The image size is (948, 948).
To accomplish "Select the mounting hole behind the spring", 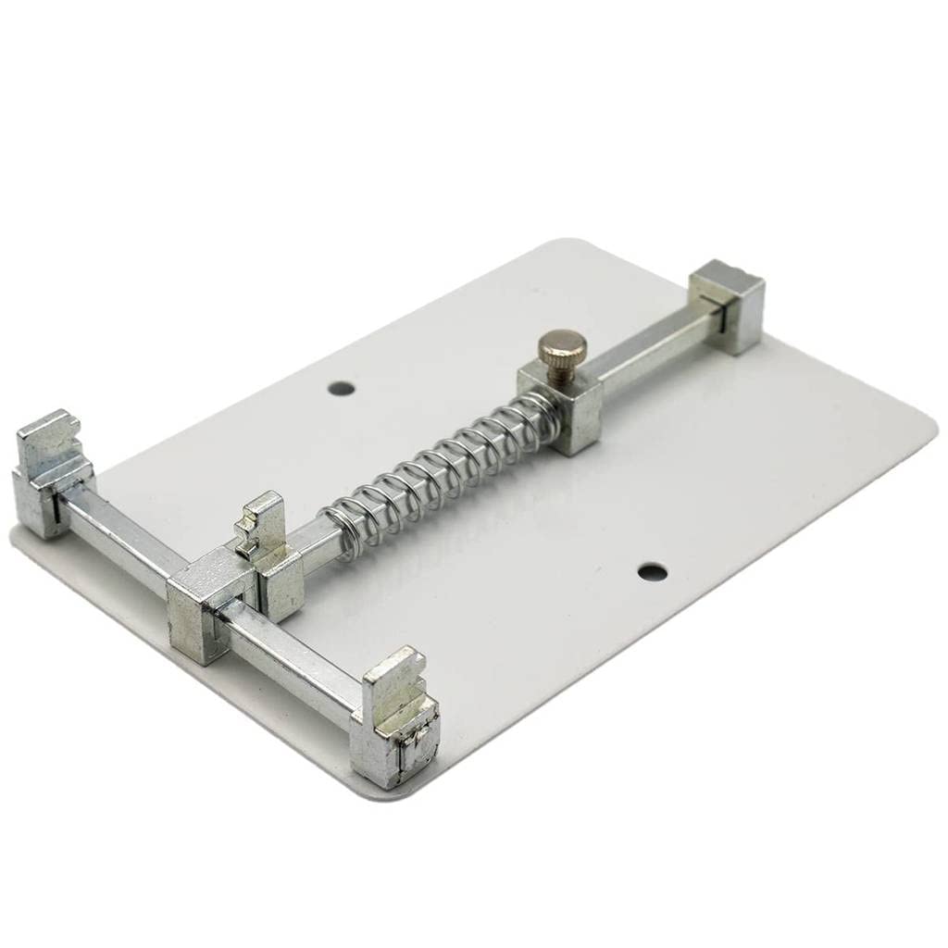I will click(342, 388).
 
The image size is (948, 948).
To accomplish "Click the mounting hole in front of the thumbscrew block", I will click(653, 571).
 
